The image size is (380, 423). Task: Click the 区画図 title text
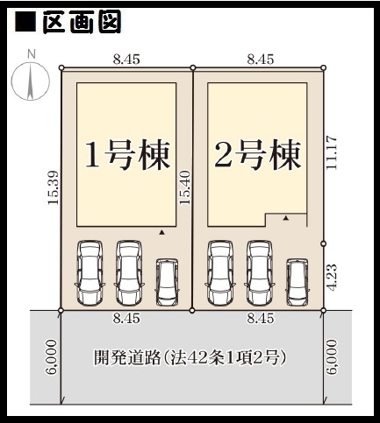(x=82, y=22)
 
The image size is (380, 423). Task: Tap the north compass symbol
(x=31, y=80)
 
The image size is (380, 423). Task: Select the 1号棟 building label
(x=128, y=155)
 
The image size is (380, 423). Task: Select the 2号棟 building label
(x=258, y=155)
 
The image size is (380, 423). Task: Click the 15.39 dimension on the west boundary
(x=54, y=187)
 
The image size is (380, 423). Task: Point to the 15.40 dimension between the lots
(x=185, y=187)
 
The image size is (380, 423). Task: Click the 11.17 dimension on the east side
(x=332, y=152)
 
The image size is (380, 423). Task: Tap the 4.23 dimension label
(x=332, y=278)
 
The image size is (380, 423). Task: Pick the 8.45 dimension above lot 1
(x=126, y=60)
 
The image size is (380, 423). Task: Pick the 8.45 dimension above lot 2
(x=261, y=60)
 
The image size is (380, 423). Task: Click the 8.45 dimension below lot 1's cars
(x=126, y=318)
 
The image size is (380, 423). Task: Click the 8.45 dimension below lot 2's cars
(x=261, y=318)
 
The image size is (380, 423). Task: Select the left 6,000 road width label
(x=51, y=356)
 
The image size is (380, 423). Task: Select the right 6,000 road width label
(x=332, y=356)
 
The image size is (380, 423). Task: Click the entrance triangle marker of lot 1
(x=161, y=233)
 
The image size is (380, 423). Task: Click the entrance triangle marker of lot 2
(x=286, y=218)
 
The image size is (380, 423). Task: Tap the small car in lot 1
(x=167, y=282)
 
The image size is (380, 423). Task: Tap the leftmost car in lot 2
(x=220, y=272)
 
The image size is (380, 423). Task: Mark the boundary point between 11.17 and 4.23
(x=323, y=243)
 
